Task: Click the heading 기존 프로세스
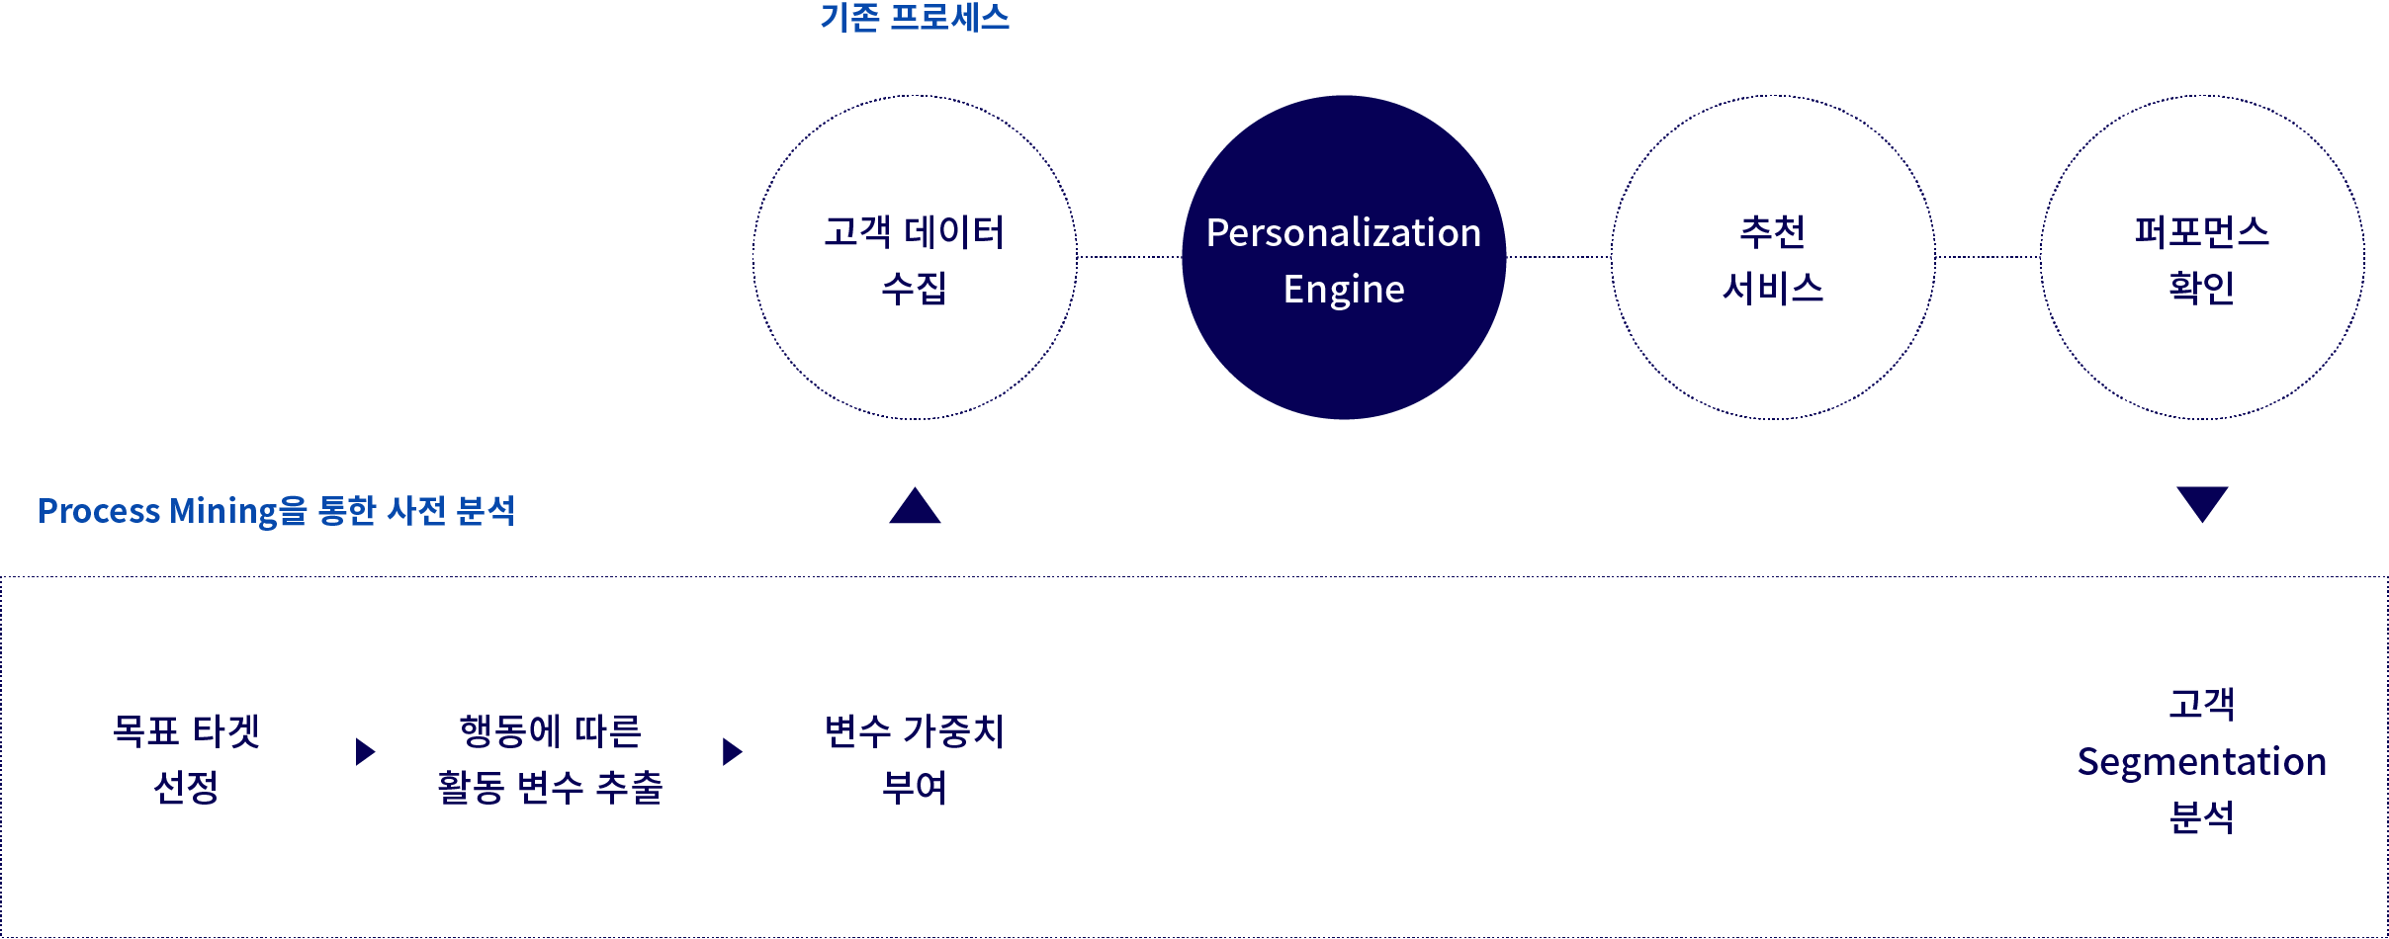point(915,18)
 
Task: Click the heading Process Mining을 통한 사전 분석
point(276,510)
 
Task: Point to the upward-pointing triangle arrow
point(915,507)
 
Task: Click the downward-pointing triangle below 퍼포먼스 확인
point(2202,502)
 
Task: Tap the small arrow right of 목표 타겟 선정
point(365,752)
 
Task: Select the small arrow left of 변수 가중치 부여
point(732,752)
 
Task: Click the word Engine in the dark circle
point(1344,290)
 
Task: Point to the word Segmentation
point(2202,762)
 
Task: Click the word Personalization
point(1344,233)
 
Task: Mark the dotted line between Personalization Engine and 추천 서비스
point(1558,257)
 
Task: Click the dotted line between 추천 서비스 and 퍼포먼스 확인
point(1988,257)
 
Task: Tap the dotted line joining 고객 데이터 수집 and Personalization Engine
point(1129,257)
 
